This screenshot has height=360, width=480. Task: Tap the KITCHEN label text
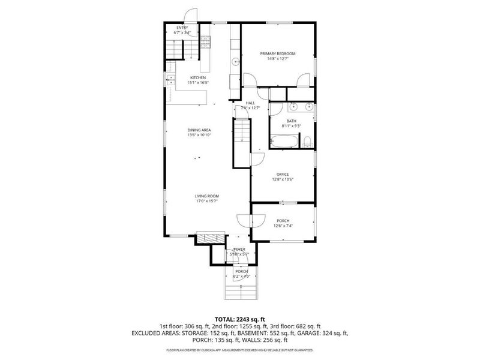click(x=198, y=78)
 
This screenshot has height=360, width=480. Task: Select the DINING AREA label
click(x=198, y=130)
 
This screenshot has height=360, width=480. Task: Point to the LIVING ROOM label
click(x=206, y=196)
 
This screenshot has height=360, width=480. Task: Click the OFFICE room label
click(x=283, y=175)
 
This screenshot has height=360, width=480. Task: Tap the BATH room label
click(x=291, y=121)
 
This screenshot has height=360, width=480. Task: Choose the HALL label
click(x=250, y=103)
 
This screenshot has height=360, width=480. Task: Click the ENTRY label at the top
click(x=182, y=28)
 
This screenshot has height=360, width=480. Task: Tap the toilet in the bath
click(x=307, y=142)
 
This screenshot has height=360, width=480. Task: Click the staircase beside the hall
click(x=241, y=133)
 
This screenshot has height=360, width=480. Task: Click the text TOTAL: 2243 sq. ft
click(x=240, y=319)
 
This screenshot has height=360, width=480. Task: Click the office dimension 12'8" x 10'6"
click(x=283, y=179)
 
